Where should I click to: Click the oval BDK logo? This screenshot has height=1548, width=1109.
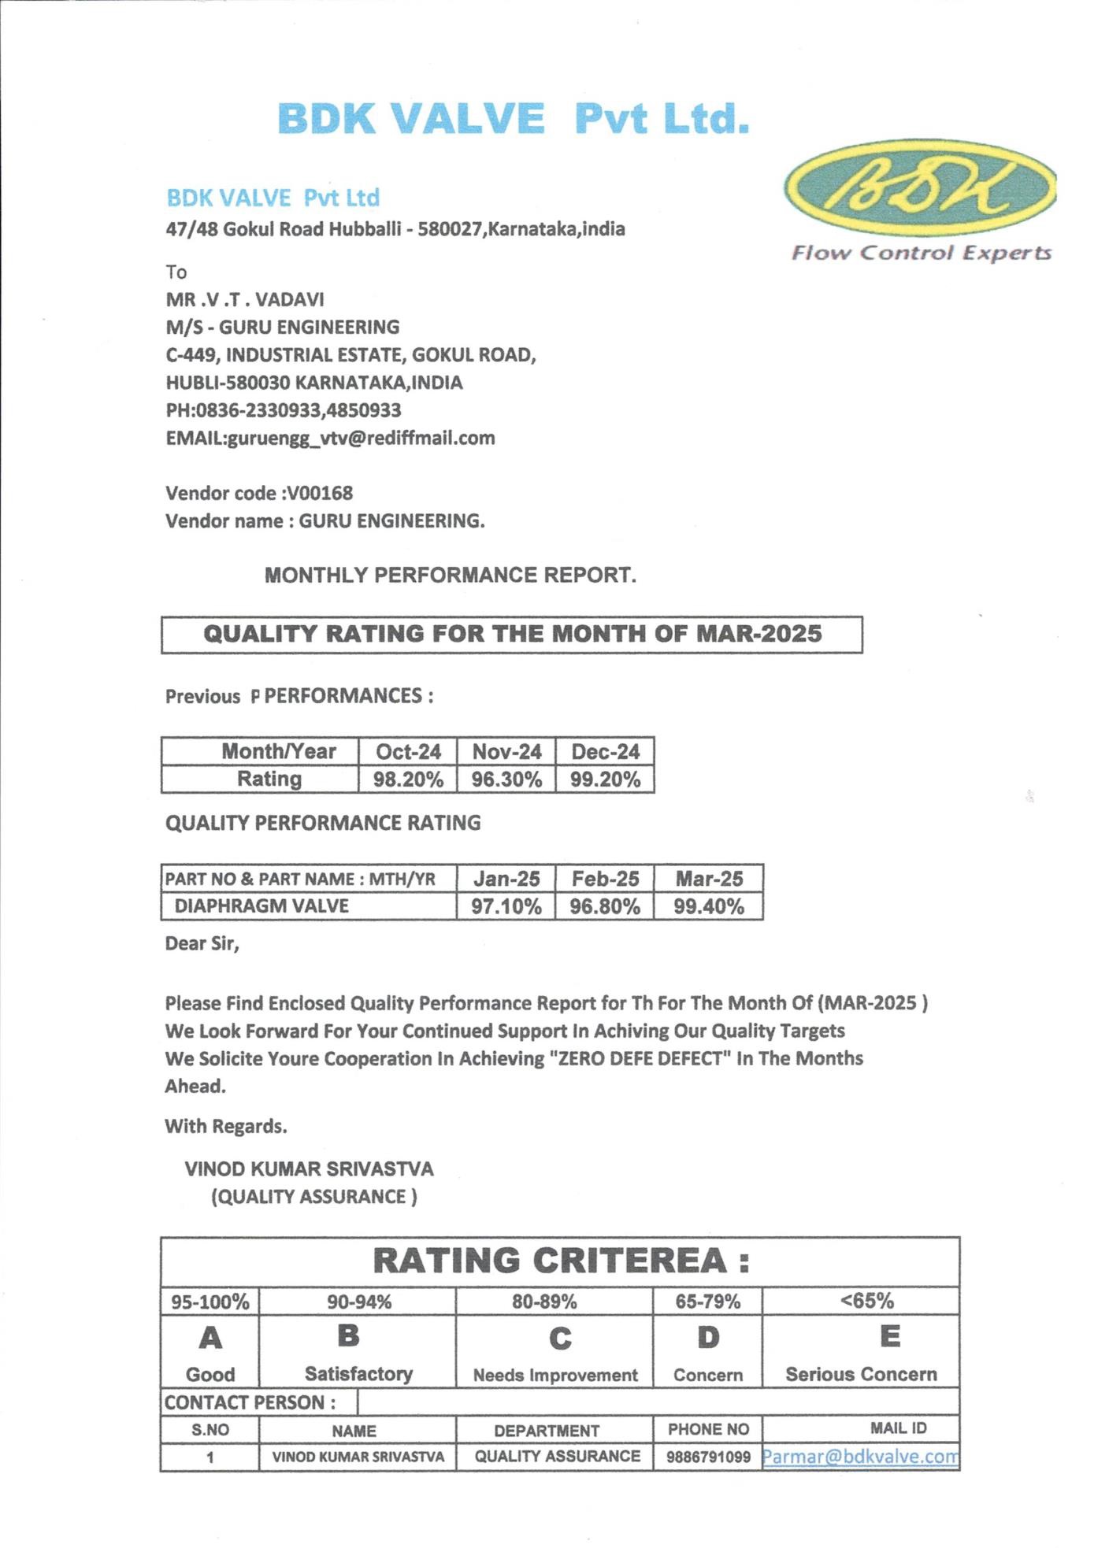coord(919,187)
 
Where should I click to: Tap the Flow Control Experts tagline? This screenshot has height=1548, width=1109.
coord(921,253)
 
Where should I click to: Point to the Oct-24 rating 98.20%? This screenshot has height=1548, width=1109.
coord(408,780)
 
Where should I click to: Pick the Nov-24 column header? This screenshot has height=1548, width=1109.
coord(506,752)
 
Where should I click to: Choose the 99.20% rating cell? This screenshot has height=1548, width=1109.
coord(605,780)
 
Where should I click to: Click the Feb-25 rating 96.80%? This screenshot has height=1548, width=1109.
coord(605,906)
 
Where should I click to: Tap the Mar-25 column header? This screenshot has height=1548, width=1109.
coord(709,879)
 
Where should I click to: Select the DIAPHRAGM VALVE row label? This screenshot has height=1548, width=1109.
coord(261,906)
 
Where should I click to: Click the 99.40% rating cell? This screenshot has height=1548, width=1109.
coord(709,906)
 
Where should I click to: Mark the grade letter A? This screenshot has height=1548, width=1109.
coord(210,1338)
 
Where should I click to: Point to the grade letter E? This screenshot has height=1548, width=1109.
coord(890,1336)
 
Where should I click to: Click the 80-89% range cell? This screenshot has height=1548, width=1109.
coord(544,1302)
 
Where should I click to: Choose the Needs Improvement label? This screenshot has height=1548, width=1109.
coord(555,1375)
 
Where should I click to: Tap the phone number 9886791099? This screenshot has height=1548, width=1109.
coord(708,1457)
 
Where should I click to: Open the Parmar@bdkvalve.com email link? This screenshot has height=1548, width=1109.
coord(860,1457)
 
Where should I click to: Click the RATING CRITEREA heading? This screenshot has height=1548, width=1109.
coord(560,1261)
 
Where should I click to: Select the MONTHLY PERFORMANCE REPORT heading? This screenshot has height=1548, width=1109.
coord(450,575)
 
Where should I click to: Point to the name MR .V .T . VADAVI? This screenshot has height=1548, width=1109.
coord(245,299)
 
